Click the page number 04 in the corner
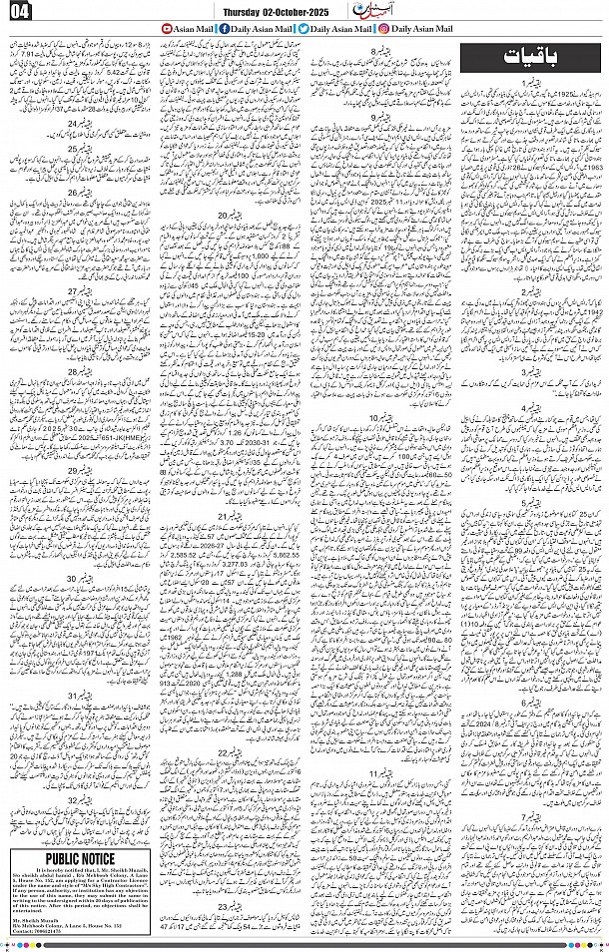pos(20,12)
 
